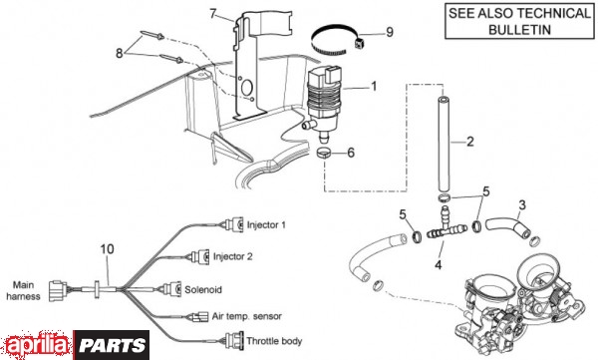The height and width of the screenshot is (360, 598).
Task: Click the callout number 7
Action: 213,14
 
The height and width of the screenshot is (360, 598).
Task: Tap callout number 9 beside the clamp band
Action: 390,32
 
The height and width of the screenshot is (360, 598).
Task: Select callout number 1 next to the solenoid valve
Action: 374,87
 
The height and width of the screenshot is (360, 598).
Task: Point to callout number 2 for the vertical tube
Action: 469,142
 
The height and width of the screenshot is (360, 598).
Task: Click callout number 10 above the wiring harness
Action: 108,249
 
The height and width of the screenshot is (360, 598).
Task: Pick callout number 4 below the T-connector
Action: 439,264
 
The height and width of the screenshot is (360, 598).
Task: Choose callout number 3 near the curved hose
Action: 522,205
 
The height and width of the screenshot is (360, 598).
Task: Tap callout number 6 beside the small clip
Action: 351,153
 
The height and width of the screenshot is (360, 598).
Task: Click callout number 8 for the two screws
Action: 120,53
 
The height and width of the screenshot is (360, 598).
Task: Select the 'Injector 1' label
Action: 266,224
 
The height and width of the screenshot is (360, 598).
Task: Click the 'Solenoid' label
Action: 203,290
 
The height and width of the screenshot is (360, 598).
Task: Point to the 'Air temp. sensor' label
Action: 247,316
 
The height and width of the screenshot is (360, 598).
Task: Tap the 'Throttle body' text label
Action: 274,340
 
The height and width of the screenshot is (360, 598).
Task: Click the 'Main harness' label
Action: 23,290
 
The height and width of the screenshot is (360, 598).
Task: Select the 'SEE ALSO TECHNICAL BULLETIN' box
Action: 519,21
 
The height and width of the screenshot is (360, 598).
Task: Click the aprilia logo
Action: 37,345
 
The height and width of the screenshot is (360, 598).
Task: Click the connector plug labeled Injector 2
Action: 200,256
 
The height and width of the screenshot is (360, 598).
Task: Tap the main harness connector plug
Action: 57,291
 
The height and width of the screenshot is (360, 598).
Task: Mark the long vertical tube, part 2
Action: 444,145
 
